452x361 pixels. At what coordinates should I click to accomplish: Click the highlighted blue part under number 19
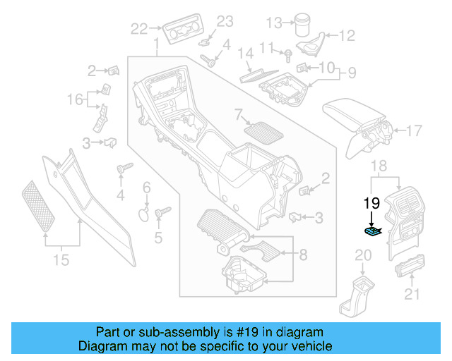click(371, 231)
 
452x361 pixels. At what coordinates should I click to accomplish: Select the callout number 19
click(371, 203)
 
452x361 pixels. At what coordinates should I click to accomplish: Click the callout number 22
click(139, 29)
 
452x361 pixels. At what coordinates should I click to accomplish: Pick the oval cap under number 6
click(143, 213)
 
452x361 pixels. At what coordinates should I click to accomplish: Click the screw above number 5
click(160, 211)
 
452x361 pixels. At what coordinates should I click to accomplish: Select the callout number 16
click(75, 100)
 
